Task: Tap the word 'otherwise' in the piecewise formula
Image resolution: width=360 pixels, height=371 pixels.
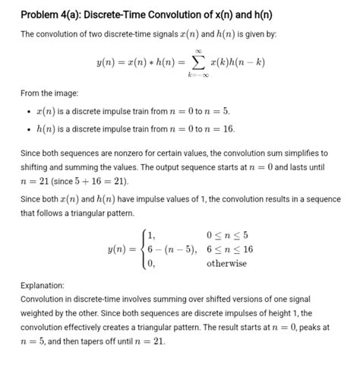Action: click(x=226, y=263)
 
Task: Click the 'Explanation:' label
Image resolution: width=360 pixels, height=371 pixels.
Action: click(x=48, y=286)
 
